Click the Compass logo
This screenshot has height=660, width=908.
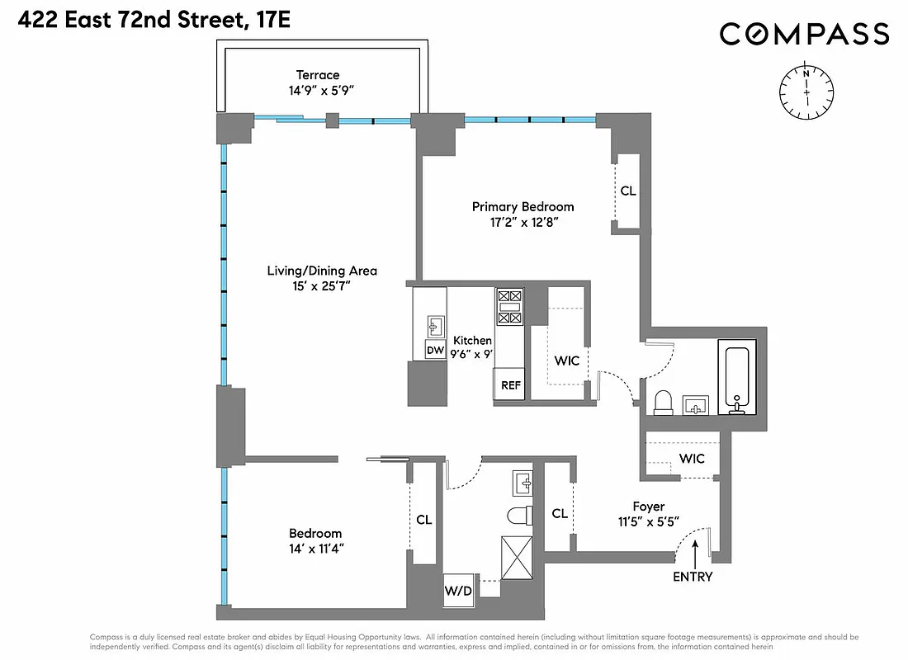tap(804, 34)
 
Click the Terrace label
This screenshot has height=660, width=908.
tap(318, 75)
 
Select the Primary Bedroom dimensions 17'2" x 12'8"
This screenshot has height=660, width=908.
tap(523, 223)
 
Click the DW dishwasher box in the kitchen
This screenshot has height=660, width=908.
tap(435, 351)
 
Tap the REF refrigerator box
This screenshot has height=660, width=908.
tap(508, 384)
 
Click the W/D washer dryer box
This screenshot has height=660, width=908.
tap(457, 590)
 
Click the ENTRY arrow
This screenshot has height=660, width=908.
tap(695, 551)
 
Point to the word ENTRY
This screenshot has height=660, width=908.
tap(692, 577)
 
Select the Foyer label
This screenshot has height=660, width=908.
tap(648, 507)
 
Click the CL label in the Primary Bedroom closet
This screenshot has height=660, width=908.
tap(628, 191)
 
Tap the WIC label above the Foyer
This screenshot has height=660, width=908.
tap(692, 458)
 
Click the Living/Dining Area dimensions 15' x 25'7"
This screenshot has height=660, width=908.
tap(322, 287)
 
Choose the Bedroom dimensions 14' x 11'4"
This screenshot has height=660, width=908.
tap(314, 550)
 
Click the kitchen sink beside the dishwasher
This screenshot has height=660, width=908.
tap(434, 325)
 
